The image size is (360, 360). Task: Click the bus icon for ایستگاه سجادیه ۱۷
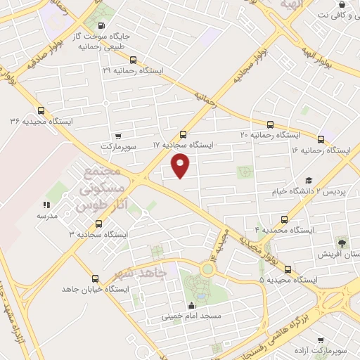click(x=184, y=134)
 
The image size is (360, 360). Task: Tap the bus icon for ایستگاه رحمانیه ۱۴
click(x=321, y=139)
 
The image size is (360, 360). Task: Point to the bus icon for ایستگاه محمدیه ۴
click(x=284, y=219)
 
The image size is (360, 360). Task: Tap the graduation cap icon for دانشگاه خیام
click(x=308, y=180)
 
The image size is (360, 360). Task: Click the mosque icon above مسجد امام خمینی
click(x=191, y=305)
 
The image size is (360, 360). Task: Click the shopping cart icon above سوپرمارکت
click(x=117, y=135)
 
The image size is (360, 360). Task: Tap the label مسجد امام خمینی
click(x=191, y=316)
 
